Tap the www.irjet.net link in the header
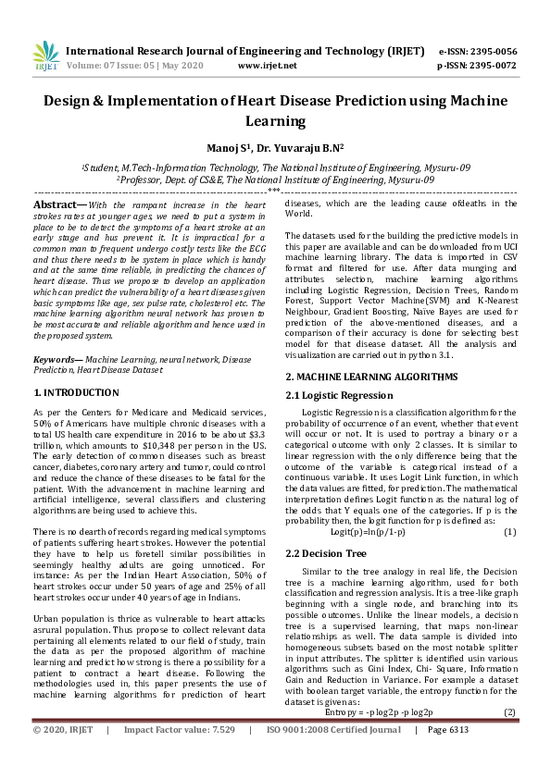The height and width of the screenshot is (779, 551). pos(267,66)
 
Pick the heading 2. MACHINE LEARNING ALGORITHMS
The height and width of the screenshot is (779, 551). pos(371,377)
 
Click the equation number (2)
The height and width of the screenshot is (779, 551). pos(508,712)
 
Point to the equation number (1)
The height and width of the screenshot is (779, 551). pos(508,532)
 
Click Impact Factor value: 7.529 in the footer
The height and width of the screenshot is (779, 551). pos(180,756)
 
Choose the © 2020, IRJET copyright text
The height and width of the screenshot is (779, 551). pos(63,756)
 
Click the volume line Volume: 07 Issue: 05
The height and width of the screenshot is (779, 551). pos(135,66)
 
